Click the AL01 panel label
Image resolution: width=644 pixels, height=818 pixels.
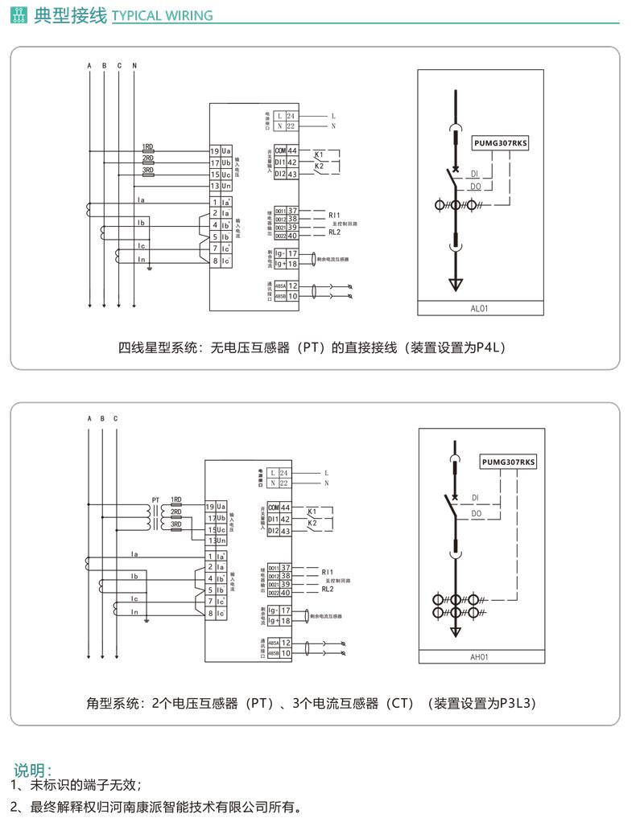479,308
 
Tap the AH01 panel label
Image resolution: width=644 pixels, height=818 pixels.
480,657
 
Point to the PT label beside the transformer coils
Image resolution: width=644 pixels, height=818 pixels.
156,499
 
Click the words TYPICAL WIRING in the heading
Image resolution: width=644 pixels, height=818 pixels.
163,16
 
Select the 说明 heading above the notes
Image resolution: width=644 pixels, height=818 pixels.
32,770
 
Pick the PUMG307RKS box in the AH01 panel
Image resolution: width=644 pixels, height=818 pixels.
508,462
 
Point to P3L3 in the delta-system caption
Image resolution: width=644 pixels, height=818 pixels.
518,703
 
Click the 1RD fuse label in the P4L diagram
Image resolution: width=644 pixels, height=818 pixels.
148,147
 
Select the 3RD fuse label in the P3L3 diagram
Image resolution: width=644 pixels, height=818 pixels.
175,524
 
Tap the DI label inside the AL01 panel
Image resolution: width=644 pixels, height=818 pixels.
475,173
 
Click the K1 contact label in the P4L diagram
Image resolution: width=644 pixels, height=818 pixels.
319,154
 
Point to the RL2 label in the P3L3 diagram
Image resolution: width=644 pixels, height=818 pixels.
327,589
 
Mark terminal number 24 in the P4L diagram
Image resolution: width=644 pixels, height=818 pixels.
291,117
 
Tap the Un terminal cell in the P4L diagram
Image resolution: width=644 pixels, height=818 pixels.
226,186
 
